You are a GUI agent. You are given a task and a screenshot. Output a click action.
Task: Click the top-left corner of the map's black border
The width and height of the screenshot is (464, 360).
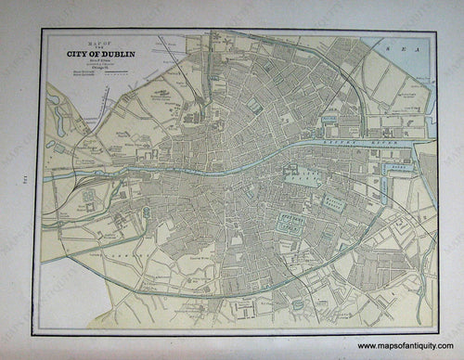click(x=42, y=29)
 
